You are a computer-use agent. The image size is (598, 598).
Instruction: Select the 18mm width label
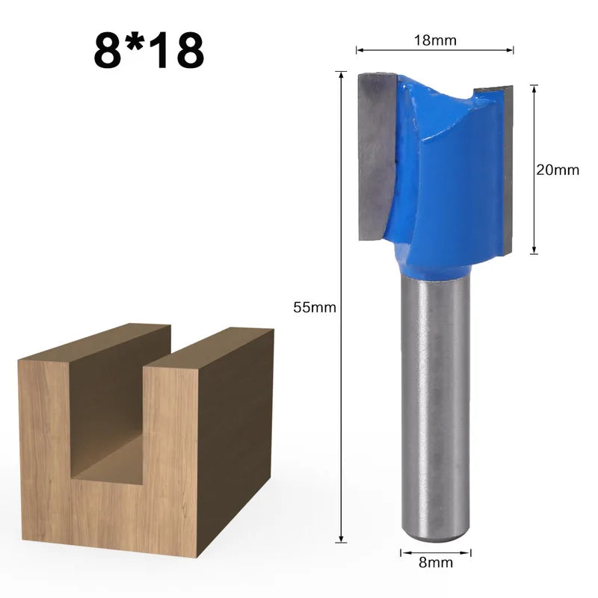[x=435, y=40]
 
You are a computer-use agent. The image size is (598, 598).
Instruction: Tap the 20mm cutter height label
[x=558, y=170]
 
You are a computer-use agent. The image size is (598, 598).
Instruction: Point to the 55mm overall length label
[x=315, y=307]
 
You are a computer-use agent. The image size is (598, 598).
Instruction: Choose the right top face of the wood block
[x=209, y=348]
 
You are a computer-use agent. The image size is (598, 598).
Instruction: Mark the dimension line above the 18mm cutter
[x=435, y=51]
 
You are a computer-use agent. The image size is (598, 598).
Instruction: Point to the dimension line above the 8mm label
[x=437, y=553]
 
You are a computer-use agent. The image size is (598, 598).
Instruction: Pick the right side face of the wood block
[x=235, y=434]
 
